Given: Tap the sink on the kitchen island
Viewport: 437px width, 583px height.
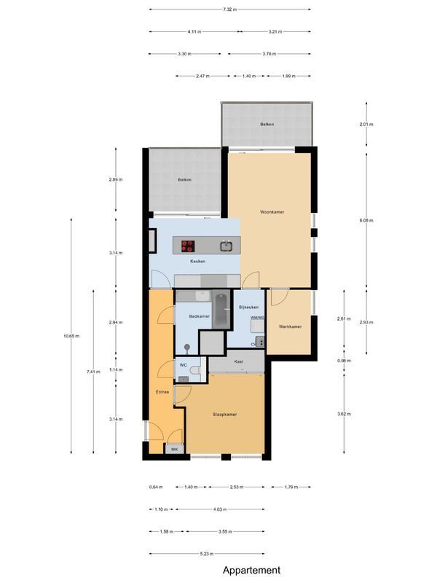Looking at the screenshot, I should click(227, 246).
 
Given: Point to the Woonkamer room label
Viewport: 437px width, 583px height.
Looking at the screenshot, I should click(272, 212).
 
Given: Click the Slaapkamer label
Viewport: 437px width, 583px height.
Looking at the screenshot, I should click(224, 414).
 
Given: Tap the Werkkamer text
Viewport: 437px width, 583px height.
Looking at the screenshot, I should click(289, 326).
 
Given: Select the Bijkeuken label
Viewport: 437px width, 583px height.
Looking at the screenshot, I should click(248, 308).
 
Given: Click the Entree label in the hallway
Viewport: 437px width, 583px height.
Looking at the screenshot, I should click(162, 392).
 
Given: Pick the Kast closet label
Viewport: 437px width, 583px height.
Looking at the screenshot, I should click(238, 361).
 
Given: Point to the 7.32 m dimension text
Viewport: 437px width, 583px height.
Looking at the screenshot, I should click(229, 9).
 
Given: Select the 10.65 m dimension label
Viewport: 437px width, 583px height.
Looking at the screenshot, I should click(71, 336).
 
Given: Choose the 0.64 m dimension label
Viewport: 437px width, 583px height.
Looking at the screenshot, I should click(155, 487).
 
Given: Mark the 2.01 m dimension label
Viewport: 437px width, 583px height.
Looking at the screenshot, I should click(366, 125).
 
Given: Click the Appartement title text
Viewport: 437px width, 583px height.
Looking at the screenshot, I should click(251, 571).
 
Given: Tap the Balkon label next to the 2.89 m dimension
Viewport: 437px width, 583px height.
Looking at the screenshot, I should click(184, 179).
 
